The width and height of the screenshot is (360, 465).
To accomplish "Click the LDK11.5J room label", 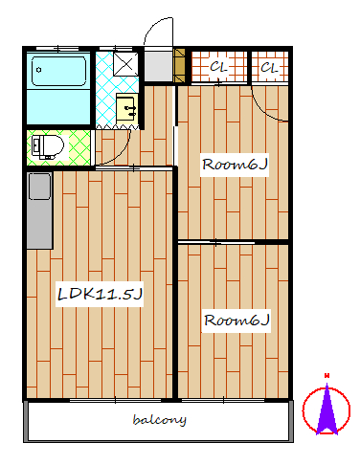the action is tap(100, 294).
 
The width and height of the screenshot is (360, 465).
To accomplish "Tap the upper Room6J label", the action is tap(235, 165).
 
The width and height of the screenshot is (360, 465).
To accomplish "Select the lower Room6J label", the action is tap(236, 321).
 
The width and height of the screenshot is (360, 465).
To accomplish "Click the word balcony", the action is tap(159, 420).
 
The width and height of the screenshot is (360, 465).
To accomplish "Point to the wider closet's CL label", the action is tap(218, 67).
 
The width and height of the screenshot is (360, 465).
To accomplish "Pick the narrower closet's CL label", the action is tap(269, 68).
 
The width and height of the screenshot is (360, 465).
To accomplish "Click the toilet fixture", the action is tap(47, 147).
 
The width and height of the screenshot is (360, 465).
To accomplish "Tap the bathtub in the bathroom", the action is tap(59, 71).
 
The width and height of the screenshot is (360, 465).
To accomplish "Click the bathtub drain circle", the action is tap(39, 70).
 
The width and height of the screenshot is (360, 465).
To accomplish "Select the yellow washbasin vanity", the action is tap(126, 108).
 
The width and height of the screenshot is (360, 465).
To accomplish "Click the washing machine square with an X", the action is tap(126, 64).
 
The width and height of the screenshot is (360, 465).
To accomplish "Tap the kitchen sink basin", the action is tap(39, 187).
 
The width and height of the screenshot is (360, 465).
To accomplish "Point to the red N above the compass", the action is tap(326, 376).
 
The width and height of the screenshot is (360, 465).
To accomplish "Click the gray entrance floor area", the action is tap(158, 66).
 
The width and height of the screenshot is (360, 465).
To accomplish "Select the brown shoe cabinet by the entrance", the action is tap(179, 65).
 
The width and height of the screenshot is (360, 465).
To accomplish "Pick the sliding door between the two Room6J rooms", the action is tap(216, 243).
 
